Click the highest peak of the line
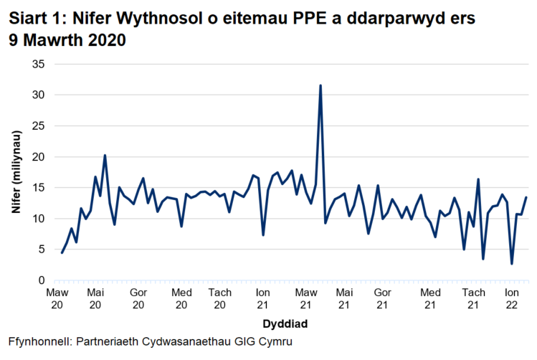click(x=320, y=85)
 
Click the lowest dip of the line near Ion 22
click(x=512, y=264)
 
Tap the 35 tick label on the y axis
click(x=39, y=64)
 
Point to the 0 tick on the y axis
click(x=42, y=280)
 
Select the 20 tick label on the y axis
click(x=39, y=156)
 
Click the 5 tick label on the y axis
click(x=42, y=250)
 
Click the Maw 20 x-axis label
click(x=57, y=299)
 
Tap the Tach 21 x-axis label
click(x=473, y=299)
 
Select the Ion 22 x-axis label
click(x=512, y=299)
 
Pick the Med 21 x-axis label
click(x=431, y=299)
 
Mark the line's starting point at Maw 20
click(x=62, y=252)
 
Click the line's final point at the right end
click(x=527, y=197)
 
